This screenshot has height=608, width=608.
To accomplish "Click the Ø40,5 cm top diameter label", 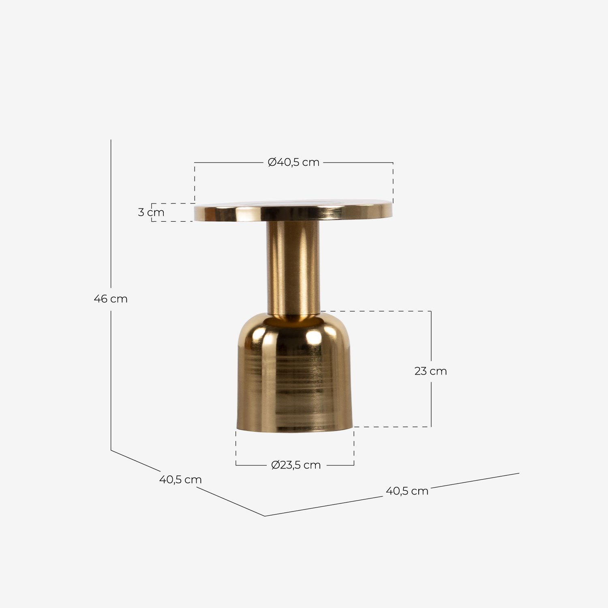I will [293, 162].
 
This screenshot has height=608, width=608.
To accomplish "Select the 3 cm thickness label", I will [151, 212].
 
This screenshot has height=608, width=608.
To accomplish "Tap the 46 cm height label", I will [110, 299].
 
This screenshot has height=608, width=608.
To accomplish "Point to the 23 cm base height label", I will [430, 371].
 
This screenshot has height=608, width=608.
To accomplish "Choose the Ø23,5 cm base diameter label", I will [295, 465].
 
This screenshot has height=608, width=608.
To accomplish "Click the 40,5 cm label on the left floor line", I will [180, 480].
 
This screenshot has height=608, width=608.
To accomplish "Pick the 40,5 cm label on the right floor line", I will [407, 491].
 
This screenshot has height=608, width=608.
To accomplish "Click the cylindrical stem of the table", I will [293, 268].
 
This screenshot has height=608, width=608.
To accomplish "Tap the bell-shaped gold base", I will [295, 377].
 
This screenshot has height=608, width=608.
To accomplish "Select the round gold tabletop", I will [293, 211].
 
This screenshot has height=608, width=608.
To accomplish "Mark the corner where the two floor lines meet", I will [265, 516].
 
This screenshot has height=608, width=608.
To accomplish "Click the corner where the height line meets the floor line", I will [111, 450].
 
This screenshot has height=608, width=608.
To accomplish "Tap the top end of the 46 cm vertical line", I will [111, 140].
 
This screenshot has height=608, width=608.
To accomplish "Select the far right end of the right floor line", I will [519, 473].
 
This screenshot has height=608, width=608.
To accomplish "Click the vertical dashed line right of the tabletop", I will [393, 182].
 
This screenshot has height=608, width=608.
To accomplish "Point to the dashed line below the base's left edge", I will [236, 446].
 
